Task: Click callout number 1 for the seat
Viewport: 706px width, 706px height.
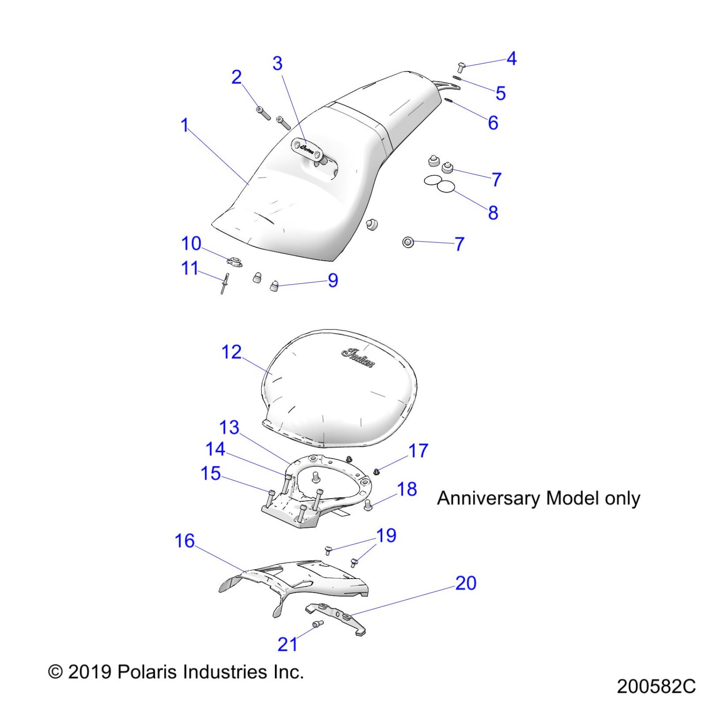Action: pos(185,125)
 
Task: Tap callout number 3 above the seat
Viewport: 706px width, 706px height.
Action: pos(277,64)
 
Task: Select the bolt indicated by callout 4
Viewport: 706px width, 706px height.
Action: pos(461,67)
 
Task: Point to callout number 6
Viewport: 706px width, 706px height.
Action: pos(493,123)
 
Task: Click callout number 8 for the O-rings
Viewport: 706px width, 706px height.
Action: pos(493,213)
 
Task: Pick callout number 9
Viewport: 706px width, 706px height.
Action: pos(333,280)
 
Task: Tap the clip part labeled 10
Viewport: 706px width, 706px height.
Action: pos(235,262)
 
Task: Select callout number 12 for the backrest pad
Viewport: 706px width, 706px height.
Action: pos(231,352)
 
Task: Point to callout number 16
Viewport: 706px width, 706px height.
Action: pos(184,541)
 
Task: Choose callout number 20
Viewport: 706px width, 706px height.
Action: pos(466,583)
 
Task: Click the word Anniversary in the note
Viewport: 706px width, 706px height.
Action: pos(489,498)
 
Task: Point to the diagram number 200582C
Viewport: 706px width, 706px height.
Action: pos(656,686)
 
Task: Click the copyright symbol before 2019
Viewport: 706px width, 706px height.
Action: pos(55,672)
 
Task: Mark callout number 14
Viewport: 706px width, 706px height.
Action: pos(215,449)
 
